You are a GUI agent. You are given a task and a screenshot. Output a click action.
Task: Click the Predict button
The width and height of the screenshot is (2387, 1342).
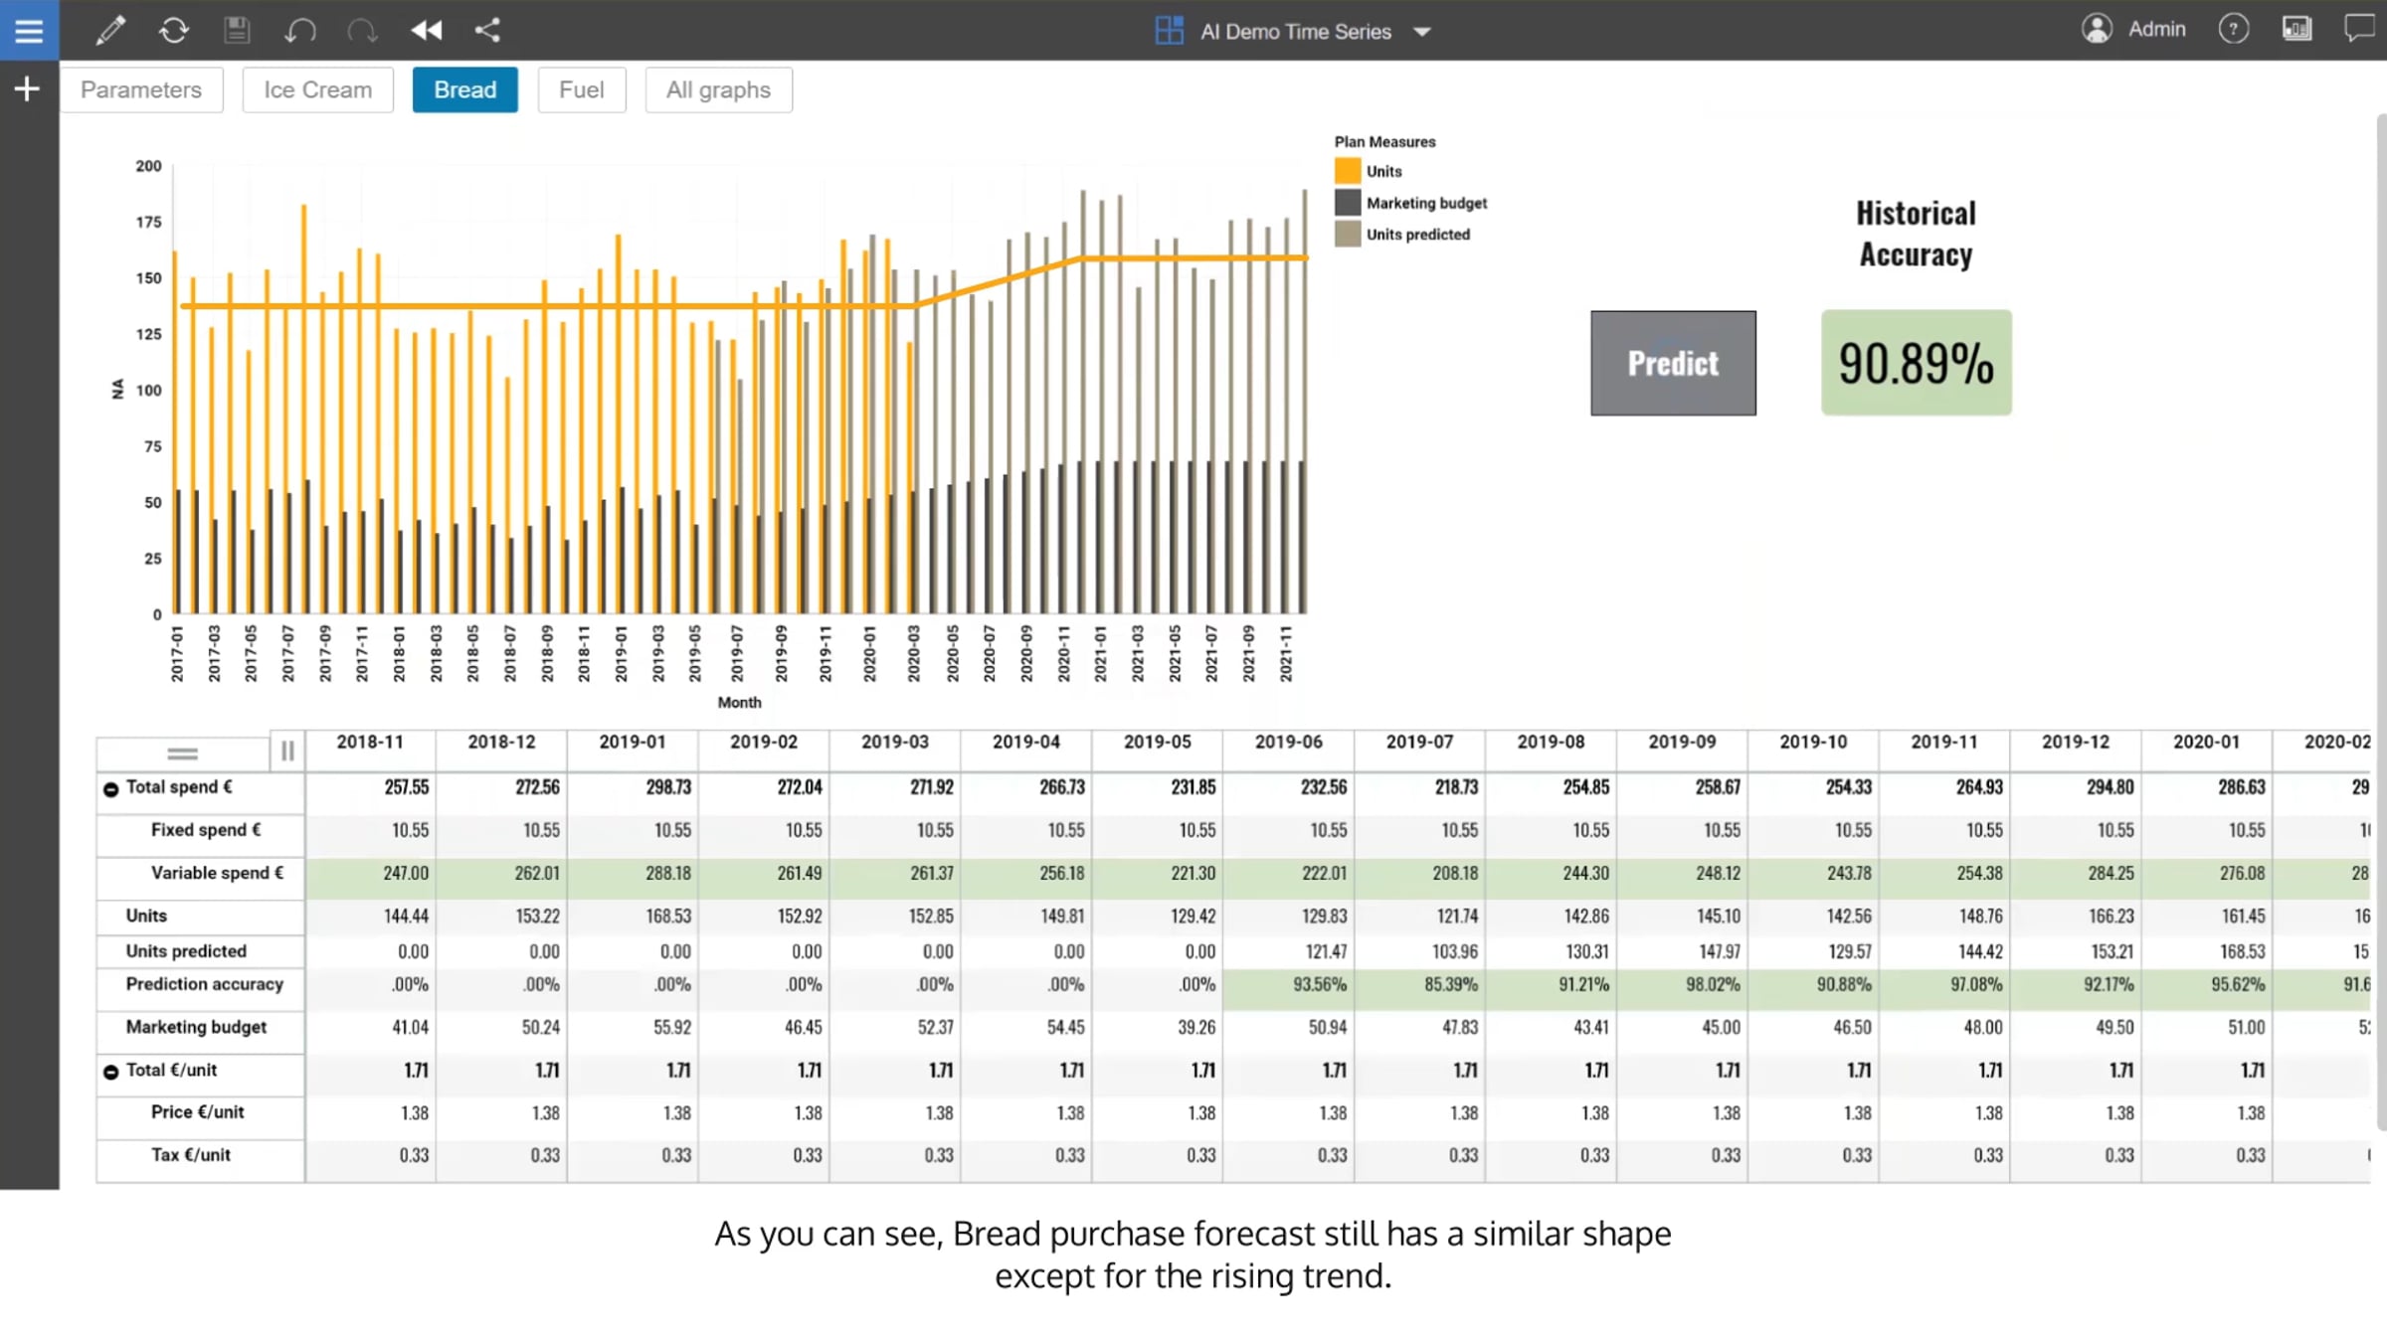pos(1673,363)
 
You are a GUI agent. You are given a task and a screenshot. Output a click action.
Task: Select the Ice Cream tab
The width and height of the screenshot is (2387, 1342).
pos(317,89)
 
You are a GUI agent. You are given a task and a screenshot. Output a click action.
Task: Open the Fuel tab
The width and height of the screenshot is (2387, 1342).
pos(582,89)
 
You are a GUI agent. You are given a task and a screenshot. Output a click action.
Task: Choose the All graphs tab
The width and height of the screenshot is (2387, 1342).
pos(718,89)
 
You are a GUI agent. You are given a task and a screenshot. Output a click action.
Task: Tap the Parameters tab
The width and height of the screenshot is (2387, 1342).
pos(141,89)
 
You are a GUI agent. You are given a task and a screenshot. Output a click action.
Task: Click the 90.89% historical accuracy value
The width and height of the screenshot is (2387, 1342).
pos(1916,363)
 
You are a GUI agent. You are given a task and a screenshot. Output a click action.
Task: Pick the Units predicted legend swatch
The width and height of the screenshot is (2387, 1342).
pos(1348,235)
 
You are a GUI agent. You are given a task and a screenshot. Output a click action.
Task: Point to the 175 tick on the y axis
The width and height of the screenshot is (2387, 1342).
pos(148,222)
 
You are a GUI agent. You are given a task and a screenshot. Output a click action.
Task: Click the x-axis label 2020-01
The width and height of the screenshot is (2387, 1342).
pos(869,653)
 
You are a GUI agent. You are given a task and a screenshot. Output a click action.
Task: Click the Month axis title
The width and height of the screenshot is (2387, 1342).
pos(739,702)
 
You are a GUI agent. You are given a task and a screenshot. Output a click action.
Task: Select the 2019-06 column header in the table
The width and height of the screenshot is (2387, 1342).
pos(1288,742)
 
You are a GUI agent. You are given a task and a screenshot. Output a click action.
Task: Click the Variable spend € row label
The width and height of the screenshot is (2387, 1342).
pos(217,873)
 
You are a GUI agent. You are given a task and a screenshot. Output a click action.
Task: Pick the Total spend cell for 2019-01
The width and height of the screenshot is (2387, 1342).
pos(668,787)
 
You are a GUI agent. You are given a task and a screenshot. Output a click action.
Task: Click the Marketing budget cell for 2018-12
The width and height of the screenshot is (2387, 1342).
pos(540,1027)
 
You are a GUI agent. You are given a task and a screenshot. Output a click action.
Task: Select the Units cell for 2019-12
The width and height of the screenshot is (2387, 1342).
pos(2111,916)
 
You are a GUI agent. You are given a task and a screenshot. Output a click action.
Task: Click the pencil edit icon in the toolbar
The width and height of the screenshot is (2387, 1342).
pos(110,30)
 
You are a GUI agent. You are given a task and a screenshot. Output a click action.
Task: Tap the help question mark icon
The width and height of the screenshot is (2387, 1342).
pos(2233,30)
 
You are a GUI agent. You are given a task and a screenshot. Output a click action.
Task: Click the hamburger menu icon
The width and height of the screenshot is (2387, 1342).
pos(29,30)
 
